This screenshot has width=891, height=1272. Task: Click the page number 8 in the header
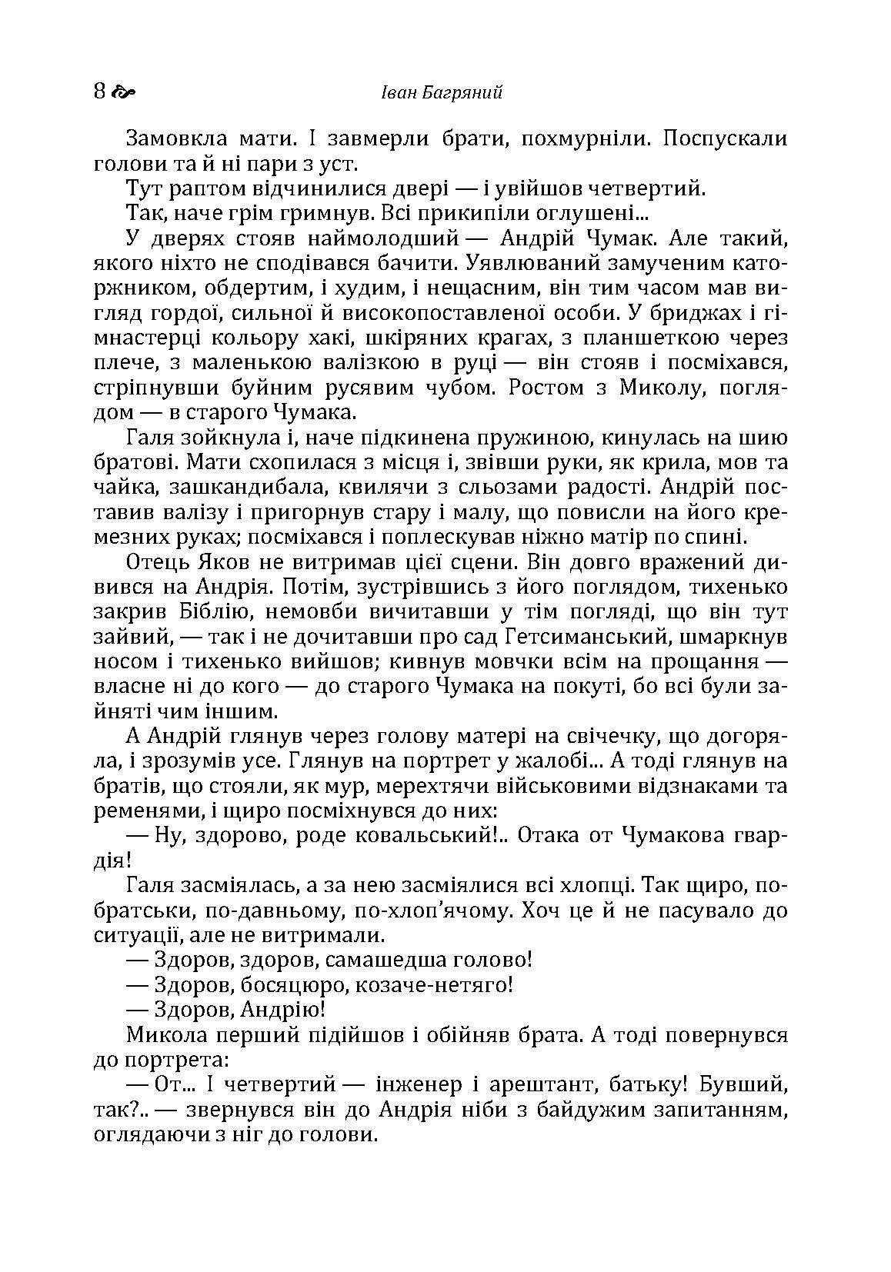99,92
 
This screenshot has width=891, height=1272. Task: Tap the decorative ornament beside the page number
123,93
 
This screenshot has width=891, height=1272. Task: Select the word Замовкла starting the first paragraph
177,139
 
